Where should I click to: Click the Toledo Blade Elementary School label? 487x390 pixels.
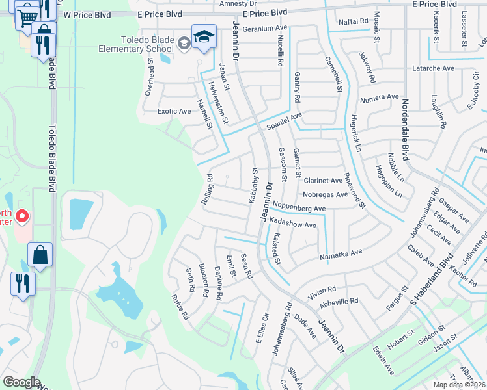pos(136,44)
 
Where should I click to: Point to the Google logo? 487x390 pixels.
pos(21,382)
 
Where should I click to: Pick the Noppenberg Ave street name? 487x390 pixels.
pos(299,207)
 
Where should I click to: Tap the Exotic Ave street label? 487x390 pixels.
pos(174,111)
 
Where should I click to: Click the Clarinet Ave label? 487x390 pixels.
pos(323,180)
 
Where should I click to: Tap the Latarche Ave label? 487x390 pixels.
pos(433,68)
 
